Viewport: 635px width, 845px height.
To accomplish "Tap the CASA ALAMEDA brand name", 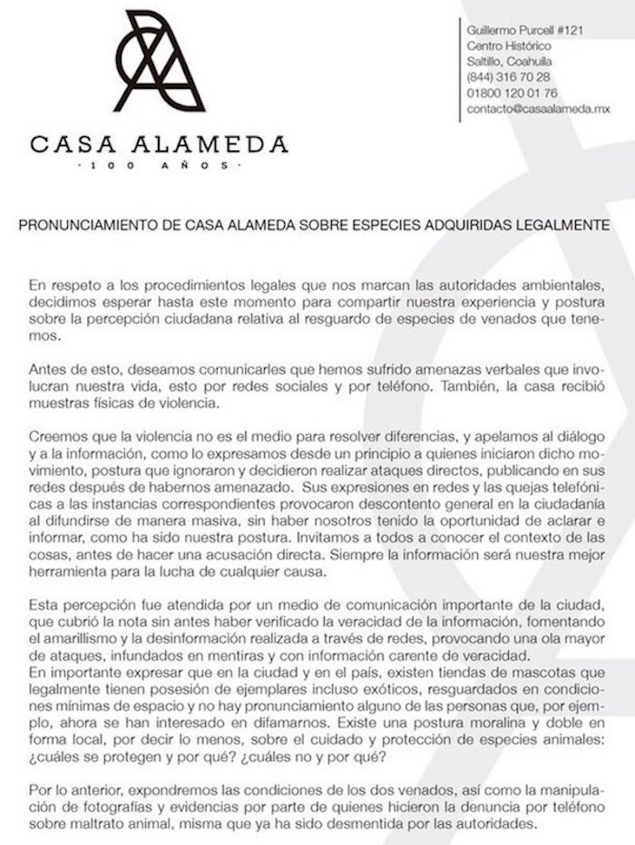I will tap(159, 143).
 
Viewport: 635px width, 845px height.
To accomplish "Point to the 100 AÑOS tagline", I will tap(159, 167).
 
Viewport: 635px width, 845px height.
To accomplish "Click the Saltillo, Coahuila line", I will tap(510, 62).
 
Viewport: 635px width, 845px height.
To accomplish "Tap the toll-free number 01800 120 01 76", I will tap(513, 92).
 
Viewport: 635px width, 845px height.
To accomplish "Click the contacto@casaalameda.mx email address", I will tap(538, 108).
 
